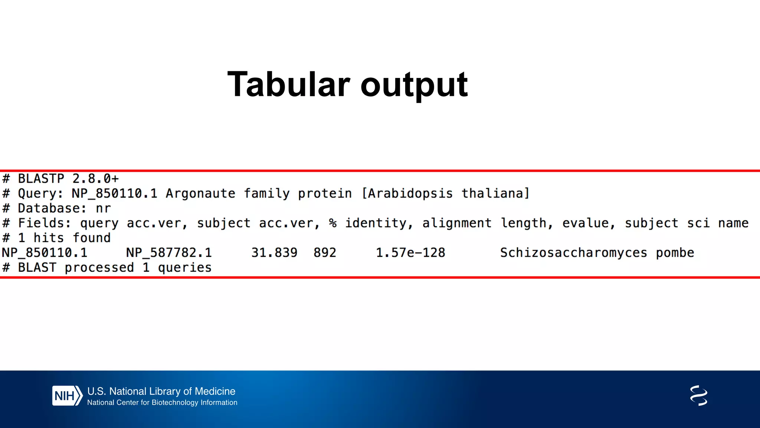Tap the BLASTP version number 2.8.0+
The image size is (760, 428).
(95, 179)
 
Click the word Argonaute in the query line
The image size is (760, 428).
(200, 194)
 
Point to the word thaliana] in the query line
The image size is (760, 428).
(495, 194)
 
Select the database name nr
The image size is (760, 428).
(103, 208)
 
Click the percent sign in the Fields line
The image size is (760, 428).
(332, 223)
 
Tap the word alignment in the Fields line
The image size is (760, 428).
(457, 223)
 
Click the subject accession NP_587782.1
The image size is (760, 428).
(169, 253)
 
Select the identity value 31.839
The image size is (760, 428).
(274, 253)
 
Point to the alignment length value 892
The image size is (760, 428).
(325, 253)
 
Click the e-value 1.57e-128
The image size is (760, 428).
(410, 253)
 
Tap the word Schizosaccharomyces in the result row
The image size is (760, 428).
(573, 253)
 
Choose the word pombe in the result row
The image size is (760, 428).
(675, 253)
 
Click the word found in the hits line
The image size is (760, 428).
(91, 238)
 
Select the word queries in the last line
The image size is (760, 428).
(184, 267)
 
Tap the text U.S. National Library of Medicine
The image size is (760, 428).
(161, 391)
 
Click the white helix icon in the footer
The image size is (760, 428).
(698, 396)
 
